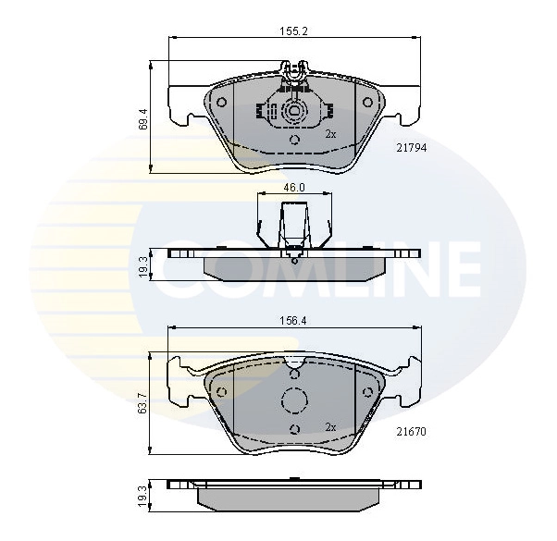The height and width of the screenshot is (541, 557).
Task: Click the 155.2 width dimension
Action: click(x=293, y=31)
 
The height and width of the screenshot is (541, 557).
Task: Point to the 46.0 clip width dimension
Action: click(x=293, y=187)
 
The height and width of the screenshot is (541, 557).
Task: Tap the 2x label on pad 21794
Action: click(x=330, y=134)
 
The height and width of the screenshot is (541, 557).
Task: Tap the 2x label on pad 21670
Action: click(x=330, y=426)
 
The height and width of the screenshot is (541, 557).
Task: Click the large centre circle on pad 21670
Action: click(x=294, y=400)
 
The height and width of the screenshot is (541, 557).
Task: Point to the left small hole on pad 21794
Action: click(x=222, y=103)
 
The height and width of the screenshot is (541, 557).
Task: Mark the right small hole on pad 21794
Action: click(x=366, y=103)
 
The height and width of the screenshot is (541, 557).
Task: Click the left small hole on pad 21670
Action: click(x=222, y=391)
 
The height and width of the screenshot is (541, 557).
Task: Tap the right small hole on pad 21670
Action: click(x=367, y=391)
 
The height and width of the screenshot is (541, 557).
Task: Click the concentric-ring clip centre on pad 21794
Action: click(x=294, y=114)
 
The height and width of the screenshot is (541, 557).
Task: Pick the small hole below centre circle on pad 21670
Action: click(x=294, y=428)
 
